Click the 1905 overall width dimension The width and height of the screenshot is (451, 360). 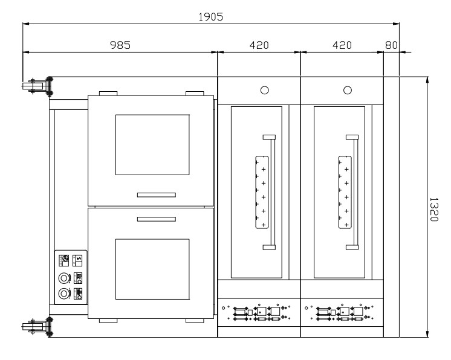(x=211, y=17)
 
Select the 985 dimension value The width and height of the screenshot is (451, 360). (x=120, y=45)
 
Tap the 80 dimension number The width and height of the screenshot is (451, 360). (x=391, y=45)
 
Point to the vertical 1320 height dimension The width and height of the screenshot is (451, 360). (x=433, y=210)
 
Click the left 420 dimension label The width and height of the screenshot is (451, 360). (x=259, y=45)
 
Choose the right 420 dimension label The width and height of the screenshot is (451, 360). (x=342, y=45)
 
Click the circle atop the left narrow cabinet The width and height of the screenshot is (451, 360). (x=265, y=90)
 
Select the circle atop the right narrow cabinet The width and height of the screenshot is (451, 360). (x=348, y=90)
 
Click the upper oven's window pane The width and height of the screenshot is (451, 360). (x=152, y=145)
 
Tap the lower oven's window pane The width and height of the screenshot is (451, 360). (x=152, y=269)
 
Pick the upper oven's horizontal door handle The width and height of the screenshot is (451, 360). (x=157, y=194)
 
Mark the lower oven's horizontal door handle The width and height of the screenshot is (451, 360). (x=157, y=219)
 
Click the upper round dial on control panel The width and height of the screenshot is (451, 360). (x=65, y=278)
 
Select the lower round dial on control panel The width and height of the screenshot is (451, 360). (x=65, y=294)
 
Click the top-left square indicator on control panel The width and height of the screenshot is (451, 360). (x=64, y=260)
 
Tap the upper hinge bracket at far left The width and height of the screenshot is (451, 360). (x=37, y=86)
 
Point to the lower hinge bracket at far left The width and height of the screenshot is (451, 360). (x=37, y=327)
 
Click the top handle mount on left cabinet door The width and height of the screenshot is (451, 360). (x=269, y=137)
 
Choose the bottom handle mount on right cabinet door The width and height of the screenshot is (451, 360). (x=352, y=247)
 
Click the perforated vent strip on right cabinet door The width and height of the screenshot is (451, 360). (x=345, y=192)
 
